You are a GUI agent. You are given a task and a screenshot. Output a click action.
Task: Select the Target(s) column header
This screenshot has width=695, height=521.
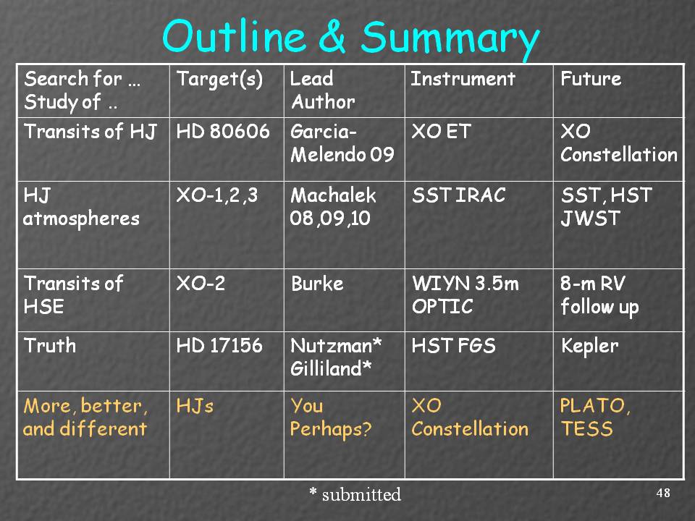[219, 80]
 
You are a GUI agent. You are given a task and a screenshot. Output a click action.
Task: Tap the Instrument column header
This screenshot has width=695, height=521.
[463, 79]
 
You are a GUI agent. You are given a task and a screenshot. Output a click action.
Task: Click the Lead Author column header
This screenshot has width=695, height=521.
[322, 90]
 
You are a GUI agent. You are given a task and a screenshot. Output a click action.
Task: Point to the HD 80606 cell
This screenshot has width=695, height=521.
[223, 132]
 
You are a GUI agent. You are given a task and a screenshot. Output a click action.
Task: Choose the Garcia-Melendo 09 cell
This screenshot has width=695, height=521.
[342, 143]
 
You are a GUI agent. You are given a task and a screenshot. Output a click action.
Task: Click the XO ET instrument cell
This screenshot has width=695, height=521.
[441, 132]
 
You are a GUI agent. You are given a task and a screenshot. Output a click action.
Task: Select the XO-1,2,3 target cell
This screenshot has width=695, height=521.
[216, 195]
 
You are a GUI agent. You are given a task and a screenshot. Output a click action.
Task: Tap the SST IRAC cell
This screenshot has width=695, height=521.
[459, 195]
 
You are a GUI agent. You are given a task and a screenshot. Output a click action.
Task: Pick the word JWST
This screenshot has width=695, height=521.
[591, 219]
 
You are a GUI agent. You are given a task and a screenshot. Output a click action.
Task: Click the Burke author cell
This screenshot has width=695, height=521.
[317, 284]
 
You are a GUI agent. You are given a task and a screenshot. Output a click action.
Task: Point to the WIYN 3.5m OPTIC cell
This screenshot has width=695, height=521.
[465, 295]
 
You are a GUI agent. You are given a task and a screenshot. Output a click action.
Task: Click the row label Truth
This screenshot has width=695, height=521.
[50, 346]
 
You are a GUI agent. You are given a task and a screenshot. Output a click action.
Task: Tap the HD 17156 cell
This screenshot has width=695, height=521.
[219, 346]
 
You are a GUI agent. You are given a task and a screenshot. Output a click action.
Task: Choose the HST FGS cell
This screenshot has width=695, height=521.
[453, 346]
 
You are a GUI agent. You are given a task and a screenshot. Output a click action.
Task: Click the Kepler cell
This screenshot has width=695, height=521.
[589, 347]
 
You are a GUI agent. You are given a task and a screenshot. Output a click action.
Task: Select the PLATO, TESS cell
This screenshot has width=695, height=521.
[595, 418]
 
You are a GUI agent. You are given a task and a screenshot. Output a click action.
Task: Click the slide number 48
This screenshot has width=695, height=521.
[663, 493]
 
